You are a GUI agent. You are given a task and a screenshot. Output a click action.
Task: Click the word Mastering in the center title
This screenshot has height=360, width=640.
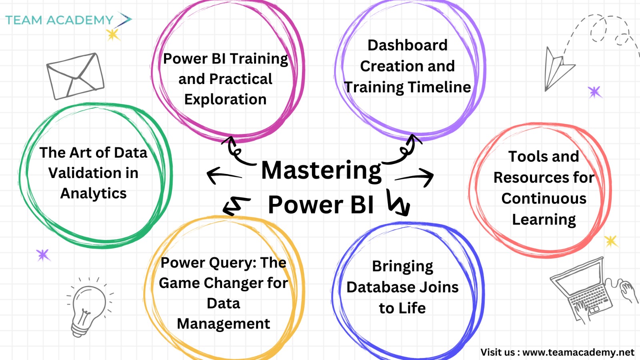(321, 171)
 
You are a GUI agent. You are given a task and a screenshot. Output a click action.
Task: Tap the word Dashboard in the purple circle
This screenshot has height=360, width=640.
(408, 45)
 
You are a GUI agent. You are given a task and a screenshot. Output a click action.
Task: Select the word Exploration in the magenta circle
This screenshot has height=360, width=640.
(226, 100)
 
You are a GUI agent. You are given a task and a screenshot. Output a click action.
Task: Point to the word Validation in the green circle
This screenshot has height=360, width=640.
(93, 173)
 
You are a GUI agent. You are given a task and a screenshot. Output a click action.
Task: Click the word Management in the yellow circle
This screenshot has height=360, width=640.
(224, 324)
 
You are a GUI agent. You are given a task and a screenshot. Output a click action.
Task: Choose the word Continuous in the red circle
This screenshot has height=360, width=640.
(544, 198)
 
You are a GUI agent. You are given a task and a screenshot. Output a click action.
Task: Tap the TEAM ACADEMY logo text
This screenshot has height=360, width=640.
(60, 20)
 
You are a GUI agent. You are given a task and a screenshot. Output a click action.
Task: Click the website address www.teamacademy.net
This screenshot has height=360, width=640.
(578, 352)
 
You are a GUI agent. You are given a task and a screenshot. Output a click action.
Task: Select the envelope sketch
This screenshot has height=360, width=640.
(76, 76)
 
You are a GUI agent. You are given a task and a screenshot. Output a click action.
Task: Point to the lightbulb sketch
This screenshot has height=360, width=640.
(89, 308)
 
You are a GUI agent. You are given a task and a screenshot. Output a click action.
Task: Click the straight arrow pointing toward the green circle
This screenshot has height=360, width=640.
(224, 175)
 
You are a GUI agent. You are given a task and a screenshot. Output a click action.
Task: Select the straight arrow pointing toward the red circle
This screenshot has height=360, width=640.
(414, 178)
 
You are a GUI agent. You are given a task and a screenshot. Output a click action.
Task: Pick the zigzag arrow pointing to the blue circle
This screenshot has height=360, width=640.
(398, 202)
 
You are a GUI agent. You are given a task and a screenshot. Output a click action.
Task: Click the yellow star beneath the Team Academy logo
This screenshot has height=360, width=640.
(113, 34)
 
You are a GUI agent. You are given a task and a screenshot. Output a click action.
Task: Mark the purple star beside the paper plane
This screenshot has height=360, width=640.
(595, 92)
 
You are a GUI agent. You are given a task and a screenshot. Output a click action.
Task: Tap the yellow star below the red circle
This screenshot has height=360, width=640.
(611, 242)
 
